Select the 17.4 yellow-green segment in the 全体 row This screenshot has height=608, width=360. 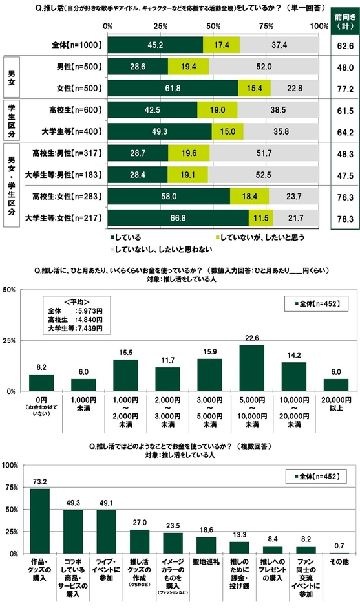[x=221, y=45]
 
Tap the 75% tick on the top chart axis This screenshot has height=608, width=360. [x=265, y=26]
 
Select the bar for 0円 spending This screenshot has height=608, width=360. [x=41, y=383]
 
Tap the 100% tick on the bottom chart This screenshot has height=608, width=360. [x=9, y=464]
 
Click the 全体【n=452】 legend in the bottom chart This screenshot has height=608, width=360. [x=314, y=477]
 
